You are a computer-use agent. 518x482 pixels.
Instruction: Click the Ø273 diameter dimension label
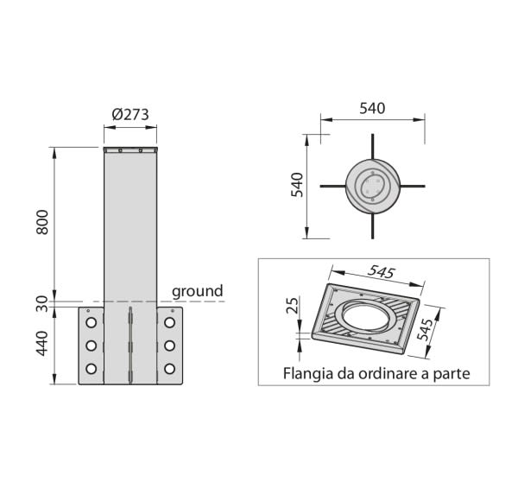pos(130,114)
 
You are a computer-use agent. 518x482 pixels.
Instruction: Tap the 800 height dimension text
pos(42,222)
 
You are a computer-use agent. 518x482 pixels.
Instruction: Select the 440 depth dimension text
pos(42,344)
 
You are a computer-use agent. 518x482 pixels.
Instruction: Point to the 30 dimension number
pos(42,304)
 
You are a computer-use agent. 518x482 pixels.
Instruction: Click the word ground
pos(198,292)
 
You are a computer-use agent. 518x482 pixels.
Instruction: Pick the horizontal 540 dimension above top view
pos(372,109)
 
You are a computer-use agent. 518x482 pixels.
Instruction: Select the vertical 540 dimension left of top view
pos(297,185)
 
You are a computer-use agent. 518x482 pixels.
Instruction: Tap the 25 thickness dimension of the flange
pos(293,305)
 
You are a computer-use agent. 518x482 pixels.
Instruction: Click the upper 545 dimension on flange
pos(382,272)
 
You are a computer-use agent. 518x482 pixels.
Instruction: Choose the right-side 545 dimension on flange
pos(425,329)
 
